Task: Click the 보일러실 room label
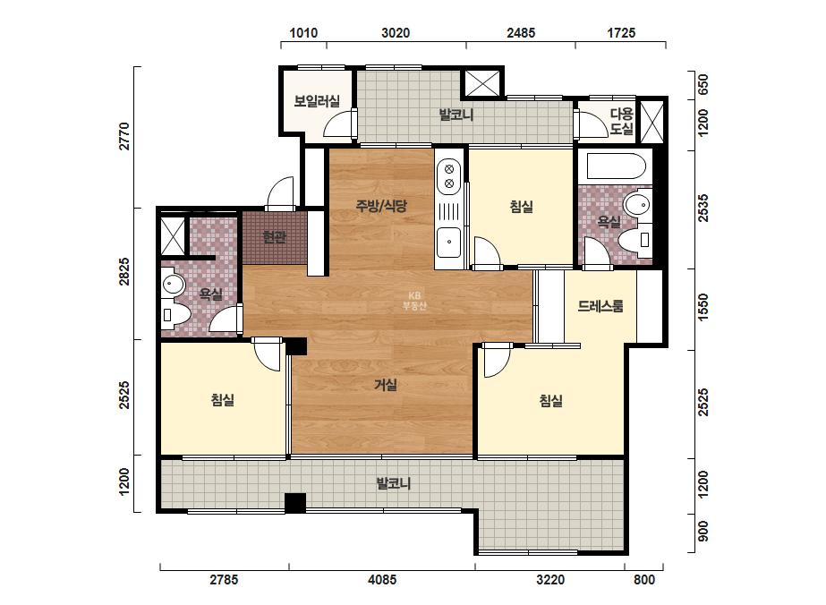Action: (x=317, y=100)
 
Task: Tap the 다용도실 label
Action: (x=622, y=121)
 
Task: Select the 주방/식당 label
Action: (x=381, y=206)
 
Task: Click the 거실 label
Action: (x=385, y=385)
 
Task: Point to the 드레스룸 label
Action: (x=600, y=306)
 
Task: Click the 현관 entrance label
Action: (x=274, y=238)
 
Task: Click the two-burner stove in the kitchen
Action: (x=449, y=176)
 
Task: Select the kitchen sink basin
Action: (x=449, y=242)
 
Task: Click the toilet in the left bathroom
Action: (x=174, y=315)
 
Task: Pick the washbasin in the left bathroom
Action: (x=173, y=285)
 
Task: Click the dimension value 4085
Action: (x=382, y=580)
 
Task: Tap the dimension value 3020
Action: (x=396, y=33)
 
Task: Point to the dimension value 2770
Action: (x=124, y=137)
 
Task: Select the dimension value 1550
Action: (x=703, y=307)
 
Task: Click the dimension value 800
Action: (x=644, y=580)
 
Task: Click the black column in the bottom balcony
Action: (x=295, y=503)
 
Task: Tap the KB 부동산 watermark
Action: (x=414, y=301)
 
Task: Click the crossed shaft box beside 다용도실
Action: (x=652, y=121)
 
